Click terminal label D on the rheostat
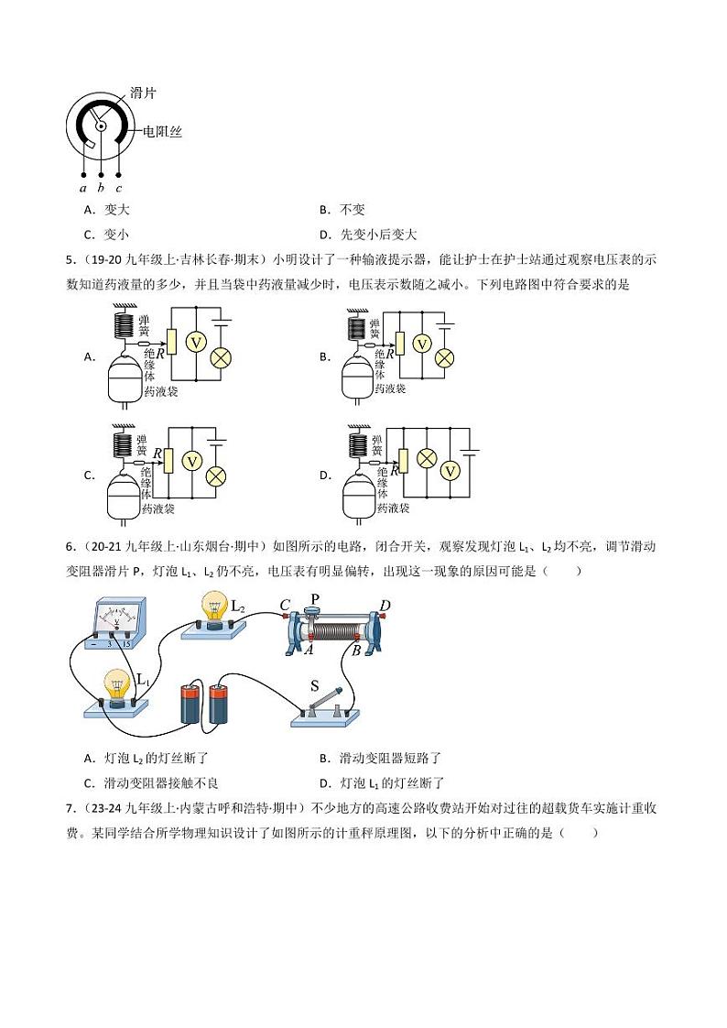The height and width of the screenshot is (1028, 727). [x=385, y=606]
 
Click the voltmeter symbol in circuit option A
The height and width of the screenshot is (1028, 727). [x=194, y=341]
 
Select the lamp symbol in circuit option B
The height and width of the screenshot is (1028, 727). [x=444, y=357]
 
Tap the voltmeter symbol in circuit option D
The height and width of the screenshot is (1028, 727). [x=450, y=470]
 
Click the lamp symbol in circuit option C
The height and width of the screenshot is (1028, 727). [x=216, y=476]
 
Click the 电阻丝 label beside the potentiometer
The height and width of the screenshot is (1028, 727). [x=161, y=132]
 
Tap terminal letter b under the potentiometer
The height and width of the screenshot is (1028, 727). [x=101, y=188]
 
